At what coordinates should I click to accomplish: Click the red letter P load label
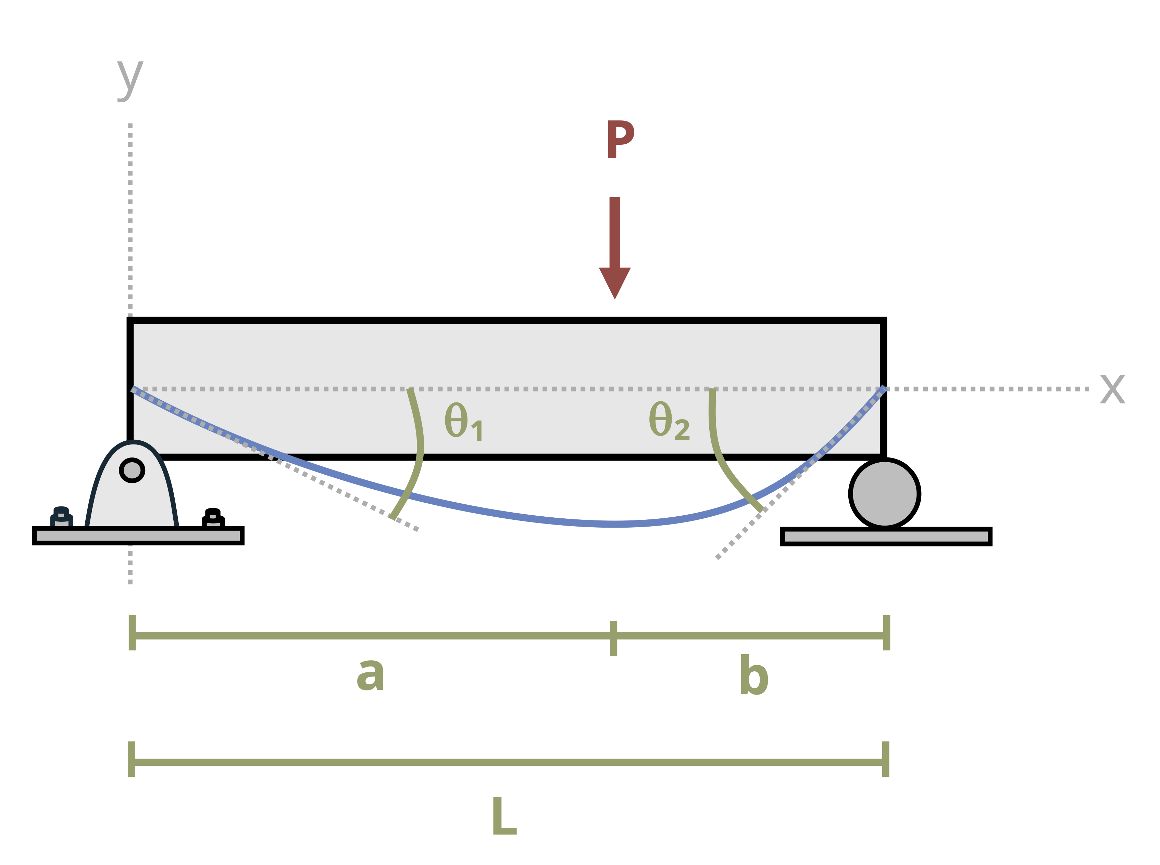pyautogui.click(x=620, y=139)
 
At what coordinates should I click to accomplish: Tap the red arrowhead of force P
pyautogui.click(x=614, y=282)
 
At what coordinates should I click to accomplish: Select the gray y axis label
pyautogui.click(x=129, y=79)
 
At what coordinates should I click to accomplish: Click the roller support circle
pyautogui.click(x=884, y=493)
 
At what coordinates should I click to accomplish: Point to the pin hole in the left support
pyautogui.click(x=132, y=470)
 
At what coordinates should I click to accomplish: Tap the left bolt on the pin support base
pyautogui.click(x=61, y=516)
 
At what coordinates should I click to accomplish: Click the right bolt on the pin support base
pyautogui.click(x=213, y=518)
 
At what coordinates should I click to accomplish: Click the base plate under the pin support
pyautogui.click(x=138, y=535)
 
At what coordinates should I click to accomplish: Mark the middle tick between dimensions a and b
pyautogui.click(x=613, y=638)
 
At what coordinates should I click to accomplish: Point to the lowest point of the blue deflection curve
pyautogui.click(x=616, y=524)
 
